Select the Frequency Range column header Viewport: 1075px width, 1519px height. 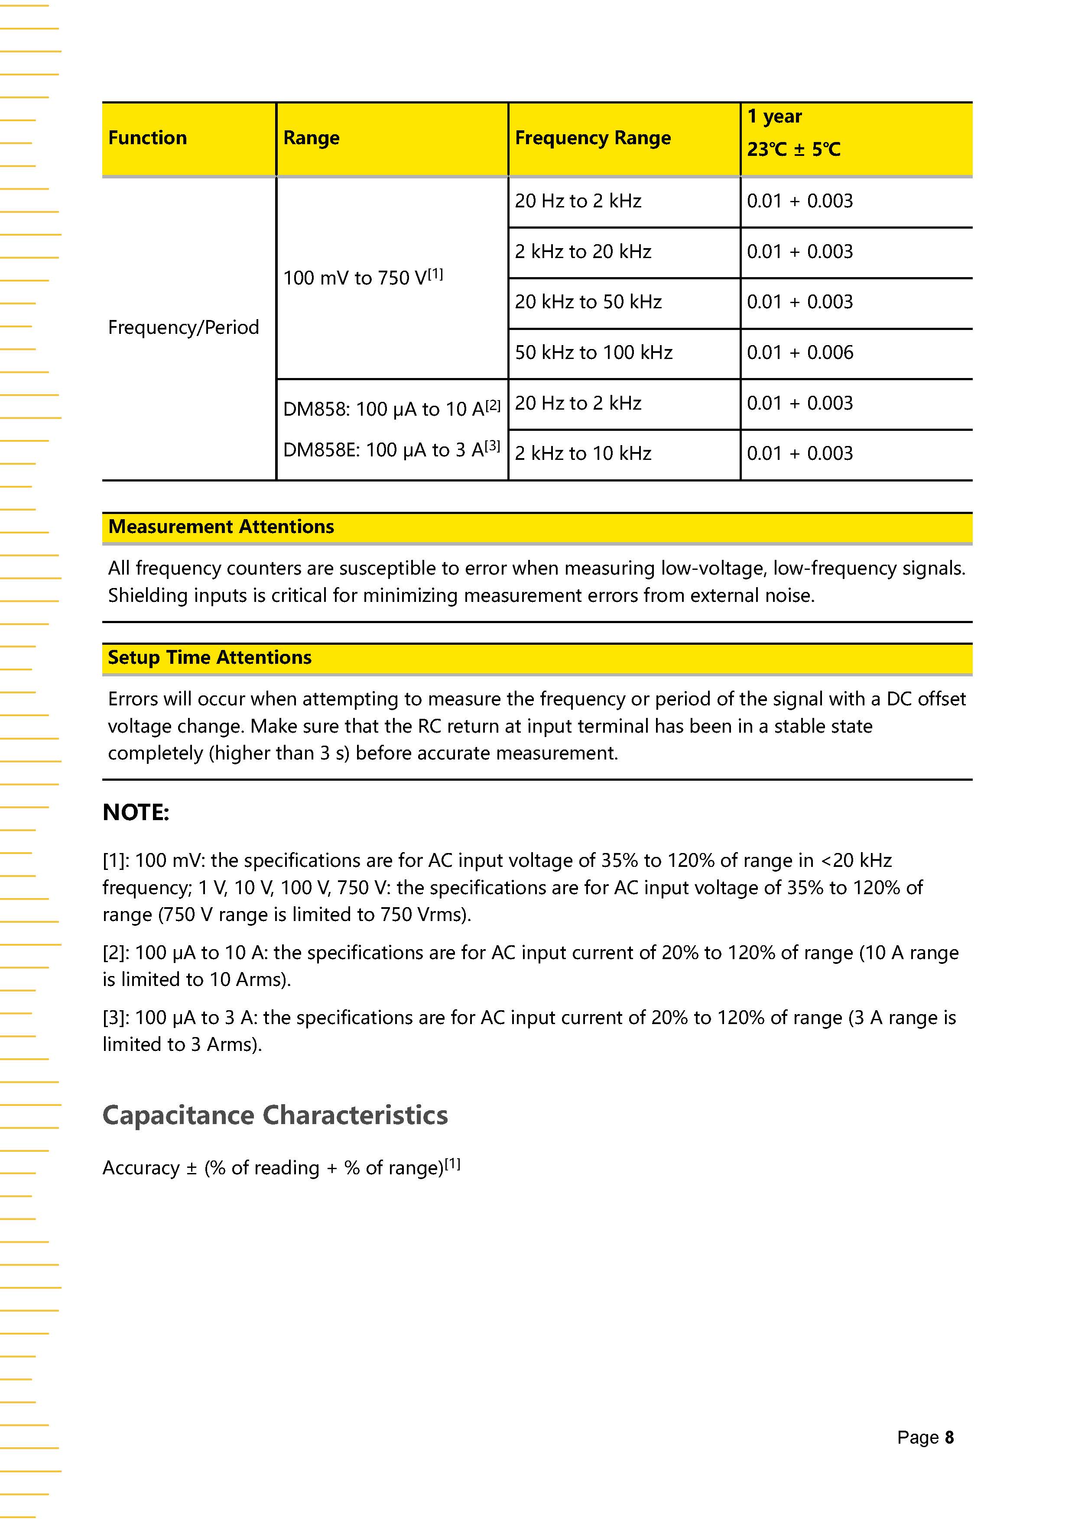pos(592,138)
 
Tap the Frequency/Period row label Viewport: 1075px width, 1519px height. pos(183,327)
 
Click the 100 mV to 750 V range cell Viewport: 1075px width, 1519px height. pos(363,278)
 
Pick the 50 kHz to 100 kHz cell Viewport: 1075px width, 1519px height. pos(593,352)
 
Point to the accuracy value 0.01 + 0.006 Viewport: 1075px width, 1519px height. pos(799,352)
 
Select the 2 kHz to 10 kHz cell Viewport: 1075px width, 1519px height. pos(582,454)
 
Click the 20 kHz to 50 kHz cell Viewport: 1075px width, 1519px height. pos(588,302)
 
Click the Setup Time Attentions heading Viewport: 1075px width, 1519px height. pos(209,658)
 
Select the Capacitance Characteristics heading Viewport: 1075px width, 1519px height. pos(275,1115)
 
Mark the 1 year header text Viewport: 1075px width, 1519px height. pos(774,117)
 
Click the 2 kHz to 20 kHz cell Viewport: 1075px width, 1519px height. pos(582,252)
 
